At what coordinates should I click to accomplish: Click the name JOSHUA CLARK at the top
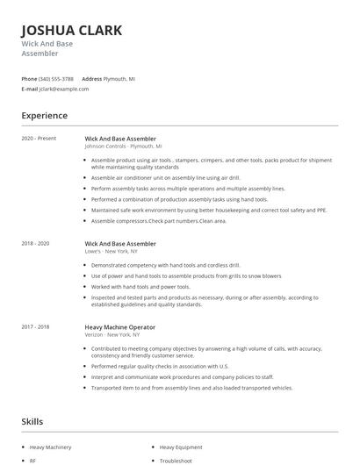click(72, 31)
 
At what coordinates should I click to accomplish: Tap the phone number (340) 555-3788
click(56, 78)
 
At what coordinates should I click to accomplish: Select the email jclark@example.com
click(64, 89)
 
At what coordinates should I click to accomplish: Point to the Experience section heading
click(45, 115)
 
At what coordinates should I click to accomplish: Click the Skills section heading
click(32, 422)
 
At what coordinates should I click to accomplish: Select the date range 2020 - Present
click(40, 138)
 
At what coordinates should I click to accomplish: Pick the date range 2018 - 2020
click(37, 243)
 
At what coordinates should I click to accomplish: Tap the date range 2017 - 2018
click(37, 326)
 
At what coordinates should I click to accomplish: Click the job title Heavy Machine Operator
click(120, 326)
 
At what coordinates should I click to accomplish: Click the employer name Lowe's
click(94, 251)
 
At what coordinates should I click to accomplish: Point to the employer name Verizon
click(95, 334)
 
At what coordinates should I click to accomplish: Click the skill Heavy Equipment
click(180, 447)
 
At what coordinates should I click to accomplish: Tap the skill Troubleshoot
click(176, 460)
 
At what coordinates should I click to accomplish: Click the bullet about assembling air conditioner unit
click(166, 177)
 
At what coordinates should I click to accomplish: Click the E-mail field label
click(30, 89)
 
